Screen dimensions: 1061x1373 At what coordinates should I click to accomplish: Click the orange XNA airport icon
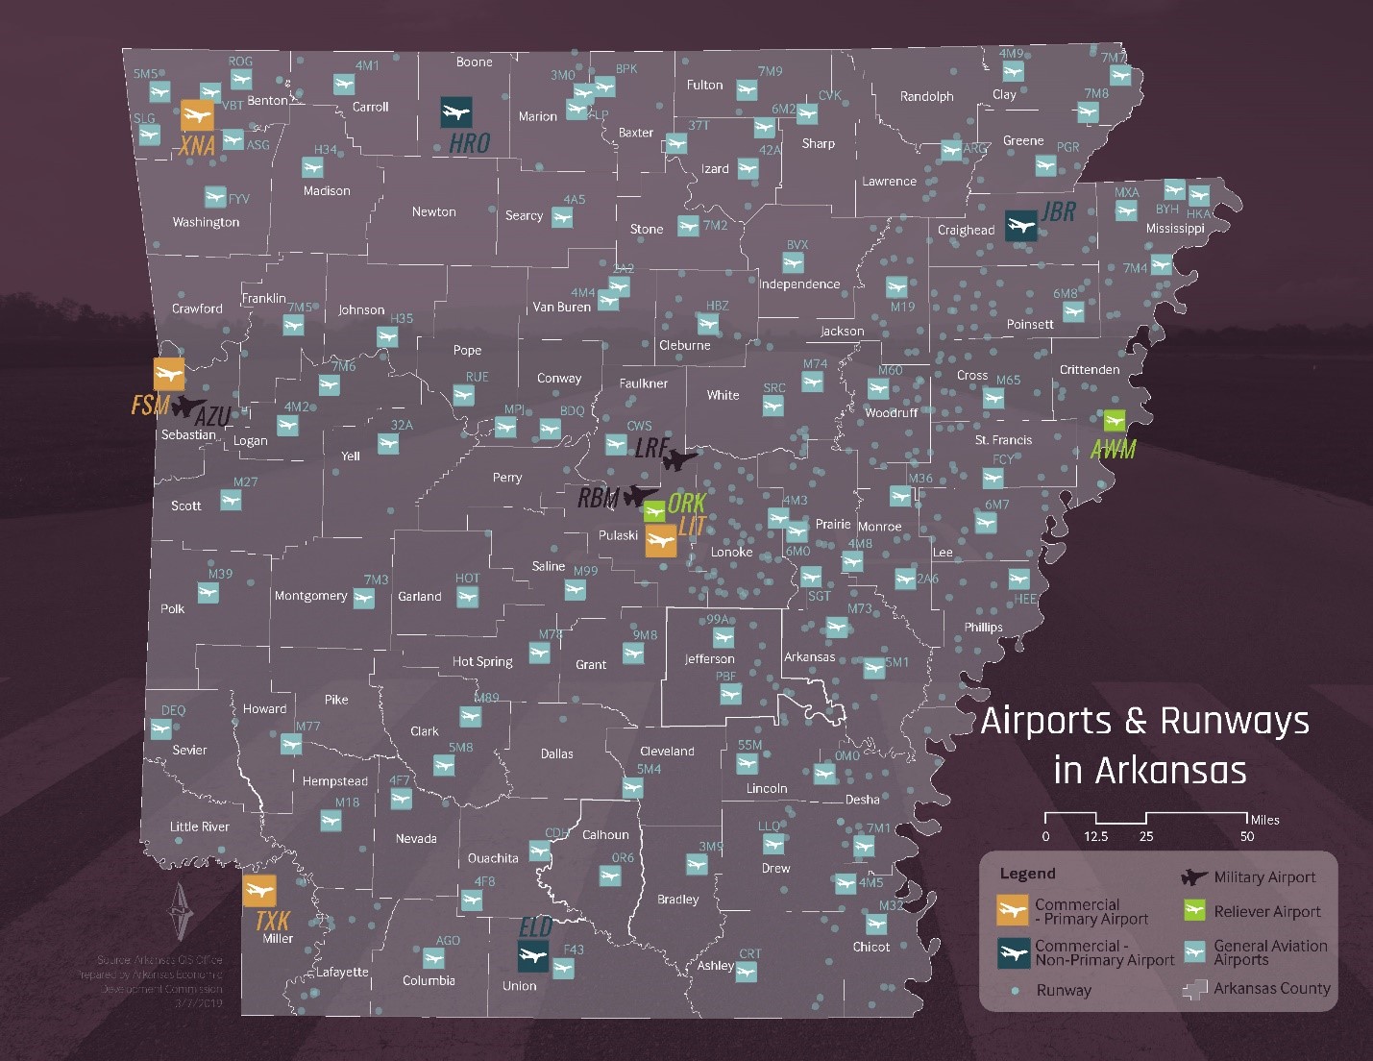pos(197,115)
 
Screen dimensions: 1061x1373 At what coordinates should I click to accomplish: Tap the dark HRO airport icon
pos(456,112)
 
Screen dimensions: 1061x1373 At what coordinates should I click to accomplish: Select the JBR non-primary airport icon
pos(1020,227)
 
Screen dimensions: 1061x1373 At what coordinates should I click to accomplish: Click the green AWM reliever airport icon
pos(1114,421)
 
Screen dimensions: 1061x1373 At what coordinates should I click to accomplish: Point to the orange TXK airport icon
pos(258,891)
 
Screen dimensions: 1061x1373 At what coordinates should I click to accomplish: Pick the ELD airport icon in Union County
pos(532,956)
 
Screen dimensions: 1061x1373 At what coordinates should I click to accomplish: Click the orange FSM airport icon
pos(169,374)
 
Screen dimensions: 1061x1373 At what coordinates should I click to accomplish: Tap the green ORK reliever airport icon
pos(654,510)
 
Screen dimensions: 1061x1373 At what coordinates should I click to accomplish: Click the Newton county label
pos(433,211)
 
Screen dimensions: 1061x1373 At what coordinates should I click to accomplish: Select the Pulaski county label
pos(618,535)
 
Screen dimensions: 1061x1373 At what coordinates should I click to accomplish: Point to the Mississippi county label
pos(1174,229)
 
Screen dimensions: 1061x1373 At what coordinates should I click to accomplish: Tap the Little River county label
pos(199,827)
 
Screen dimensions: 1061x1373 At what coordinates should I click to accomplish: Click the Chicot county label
pos(870,947)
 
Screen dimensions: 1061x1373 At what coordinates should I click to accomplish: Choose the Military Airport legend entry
pos(1263,876)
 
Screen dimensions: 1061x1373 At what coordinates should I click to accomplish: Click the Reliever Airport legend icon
pos(1194,911)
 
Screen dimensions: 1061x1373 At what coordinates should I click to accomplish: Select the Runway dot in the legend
pos(1015,990)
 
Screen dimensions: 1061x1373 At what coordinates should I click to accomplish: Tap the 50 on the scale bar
pos(1246,836)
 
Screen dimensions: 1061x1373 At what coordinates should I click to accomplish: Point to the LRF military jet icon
pos(679,459)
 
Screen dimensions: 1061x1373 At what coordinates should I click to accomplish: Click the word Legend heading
pos(1027,874)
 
